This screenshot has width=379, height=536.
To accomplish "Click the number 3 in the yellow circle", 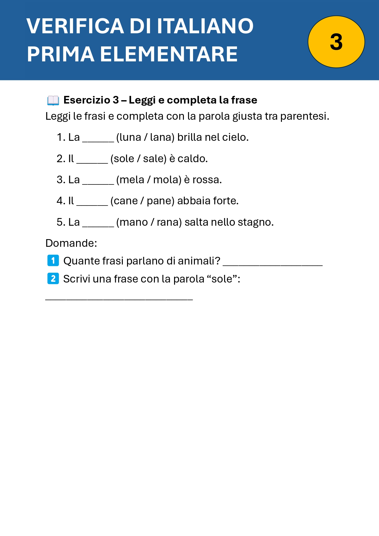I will point(336,42).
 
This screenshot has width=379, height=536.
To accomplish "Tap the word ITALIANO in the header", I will point(205,26).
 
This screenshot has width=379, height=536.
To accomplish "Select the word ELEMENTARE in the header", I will point(169,54).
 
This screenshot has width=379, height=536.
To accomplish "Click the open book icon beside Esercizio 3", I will point(53,100).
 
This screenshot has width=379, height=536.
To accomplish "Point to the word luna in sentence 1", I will point(130,137).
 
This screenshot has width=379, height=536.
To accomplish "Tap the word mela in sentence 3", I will point(132,180).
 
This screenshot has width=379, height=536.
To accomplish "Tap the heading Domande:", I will point(71,243).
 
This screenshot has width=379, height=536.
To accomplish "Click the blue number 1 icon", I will point(53,261).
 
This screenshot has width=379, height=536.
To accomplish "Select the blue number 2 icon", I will point(53,279).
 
